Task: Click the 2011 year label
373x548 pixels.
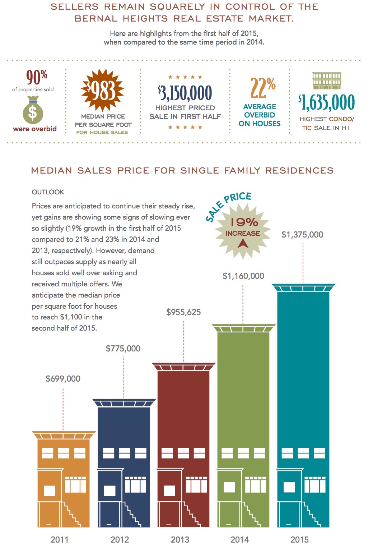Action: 59,539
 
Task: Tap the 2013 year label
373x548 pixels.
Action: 180,539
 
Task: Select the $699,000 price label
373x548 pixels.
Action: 63,378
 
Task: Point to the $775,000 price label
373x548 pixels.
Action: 123,348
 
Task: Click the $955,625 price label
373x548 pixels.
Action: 183,312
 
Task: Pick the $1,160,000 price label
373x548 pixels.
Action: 243,276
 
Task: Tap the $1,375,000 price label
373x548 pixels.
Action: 302,235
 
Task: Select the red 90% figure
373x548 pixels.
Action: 37,77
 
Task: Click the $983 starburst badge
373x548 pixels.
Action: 102,90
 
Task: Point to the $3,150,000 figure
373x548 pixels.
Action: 185,93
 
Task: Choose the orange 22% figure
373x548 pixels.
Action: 263,88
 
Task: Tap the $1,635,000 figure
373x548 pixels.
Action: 326,102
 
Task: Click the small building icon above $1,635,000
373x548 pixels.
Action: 327,80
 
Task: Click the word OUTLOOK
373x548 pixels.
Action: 48,192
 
